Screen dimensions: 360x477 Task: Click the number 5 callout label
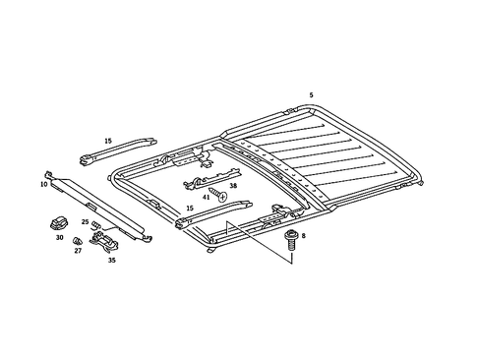[x=311, y=95]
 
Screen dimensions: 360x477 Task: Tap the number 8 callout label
[x=304, y=237]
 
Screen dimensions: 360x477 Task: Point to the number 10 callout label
[x=44, y=184]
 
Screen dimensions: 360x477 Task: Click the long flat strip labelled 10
[x=98, y=203]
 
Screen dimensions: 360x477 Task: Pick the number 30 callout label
[x=58, y=238]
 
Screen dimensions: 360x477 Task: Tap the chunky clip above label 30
[x=57, y=222]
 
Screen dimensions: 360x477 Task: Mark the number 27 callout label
[x=78, y=251]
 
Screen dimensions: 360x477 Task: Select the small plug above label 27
[x=80, y=239]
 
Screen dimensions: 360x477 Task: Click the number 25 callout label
[x=85, y=223]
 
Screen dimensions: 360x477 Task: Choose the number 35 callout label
[x=111, y=262]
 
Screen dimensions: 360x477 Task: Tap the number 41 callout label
[x=207, y=198]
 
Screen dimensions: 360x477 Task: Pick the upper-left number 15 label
[x=109, y=141]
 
